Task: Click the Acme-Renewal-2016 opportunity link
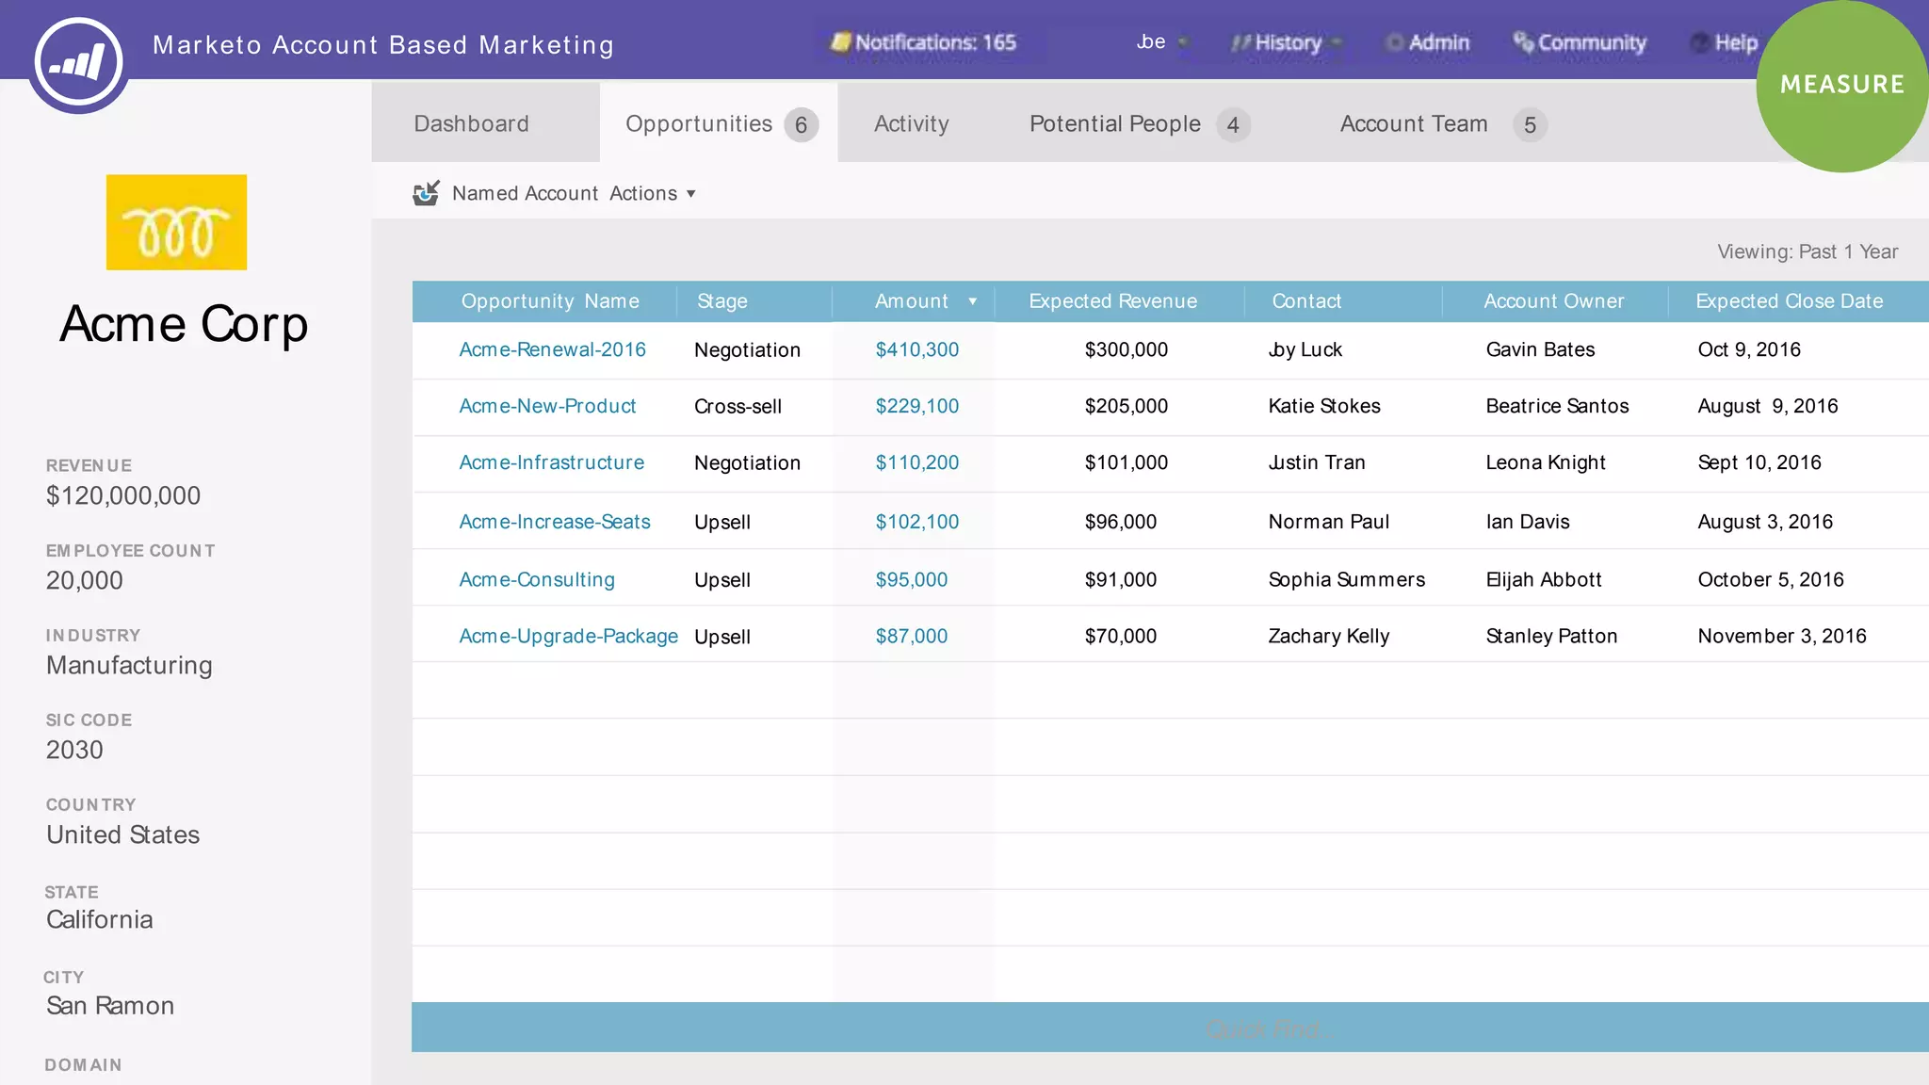click(x=552, y=349)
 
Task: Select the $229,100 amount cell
click(x=916, y=406)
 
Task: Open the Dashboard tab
click(x=471, y=123)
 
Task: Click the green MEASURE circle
click(x=1841, y=85)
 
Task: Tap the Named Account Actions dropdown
click(x=573, y=193)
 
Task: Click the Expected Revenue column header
click(x=1112, y=301)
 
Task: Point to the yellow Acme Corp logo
click(x=176, y=222)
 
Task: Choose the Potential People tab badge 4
click(x=1232, y=125)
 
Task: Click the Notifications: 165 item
click(x=924, y=42)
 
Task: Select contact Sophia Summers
click(x=1346, y=579)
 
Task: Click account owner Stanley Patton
click(x=1551, y=636)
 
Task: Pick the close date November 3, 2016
click(x=1781, y=636)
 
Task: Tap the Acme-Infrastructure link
click(x=551, y=462)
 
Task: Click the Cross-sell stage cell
click(x=738, y=406)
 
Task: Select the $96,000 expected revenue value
click(x=1120, y=522)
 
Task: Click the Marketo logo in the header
click(x=78, y=62)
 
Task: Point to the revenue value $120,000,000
click(x=123, y=495)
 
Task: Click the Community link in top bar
click(x=1580, y=42)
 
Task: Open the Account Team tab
click(x=1413, y=123)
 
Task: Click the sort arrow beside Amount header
click(x=972, y=301)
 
